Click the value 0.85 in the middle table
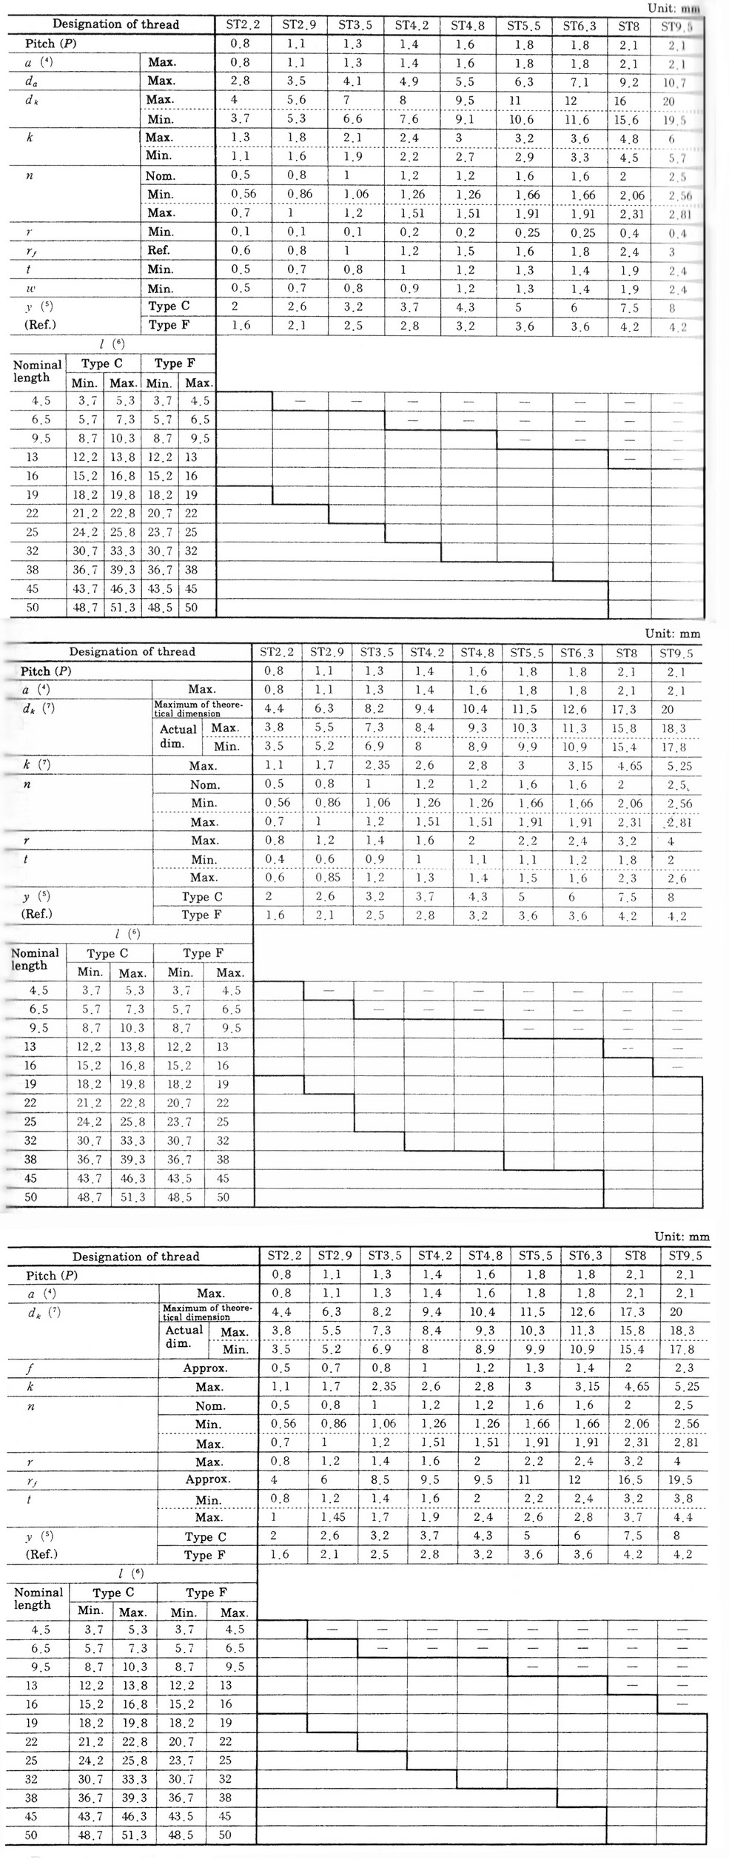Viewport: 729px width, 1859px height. pyautogui.click(x=328, y=878)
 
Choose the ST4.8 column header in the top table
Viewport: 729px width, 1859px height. pyautogui.click(x=468, y=25)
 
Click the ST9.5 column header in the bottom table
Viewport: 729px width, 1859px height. pyautogui.click(x=685, y=1256)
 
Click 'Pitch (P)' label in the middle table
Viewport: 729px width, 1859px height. pyautogui.click(x=46, y=671)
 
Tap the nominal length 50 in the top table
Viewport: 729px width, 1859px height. pyautogui.click(x=33, y=608)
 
